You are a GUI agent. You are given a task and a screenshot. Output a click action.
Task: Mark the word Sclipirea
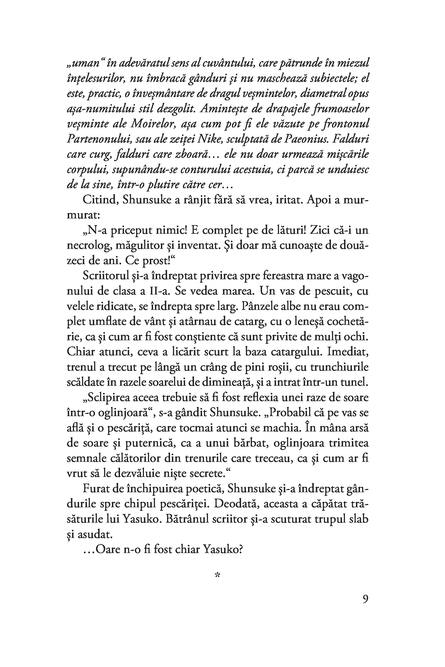pyautogui.click(x=111, y=398)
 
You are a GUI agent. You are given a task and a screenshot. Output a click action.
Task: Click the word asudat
pyautogui.click(x=95, y=534)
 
